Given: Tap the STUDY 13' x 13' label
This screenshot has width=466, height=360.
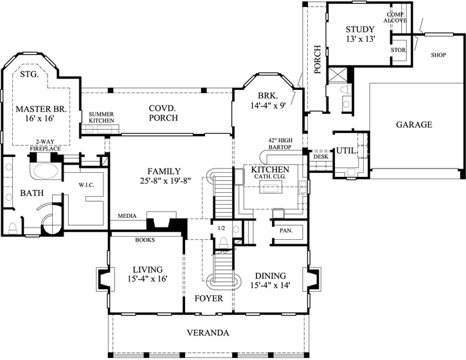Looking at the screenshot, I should coord(359,35).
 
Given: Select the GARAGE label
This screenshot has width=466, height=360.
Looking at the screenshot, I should coord(414,125).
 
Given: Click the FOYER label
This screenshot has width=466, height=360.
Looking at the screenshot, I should coord(208,299).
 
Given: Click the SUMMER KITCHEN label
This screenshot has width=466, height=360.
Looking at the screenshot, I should coord(101,117).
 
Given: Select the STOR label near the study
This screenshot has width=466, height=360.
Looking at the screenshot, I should coord(398,49).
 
